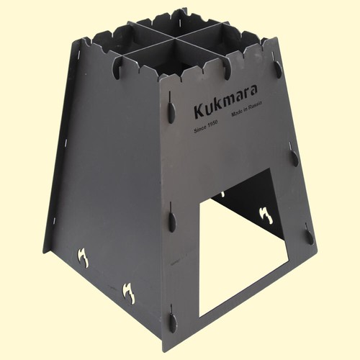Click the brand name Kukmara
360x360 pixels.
click(225, 101)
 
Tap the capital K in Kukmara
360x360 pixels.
click(199, 112)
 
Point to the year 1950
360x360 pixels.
click(212, 124)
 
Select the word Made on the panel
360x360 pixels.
click(237, 113)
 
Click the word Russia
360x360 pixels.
click(255, 105)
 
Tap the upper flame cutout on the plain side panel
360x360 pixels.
click(83, 258)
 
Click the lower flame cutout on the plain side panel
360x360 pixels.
click(129, 293)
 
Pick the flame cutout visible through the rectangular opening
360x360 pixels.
click(266, 215)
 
